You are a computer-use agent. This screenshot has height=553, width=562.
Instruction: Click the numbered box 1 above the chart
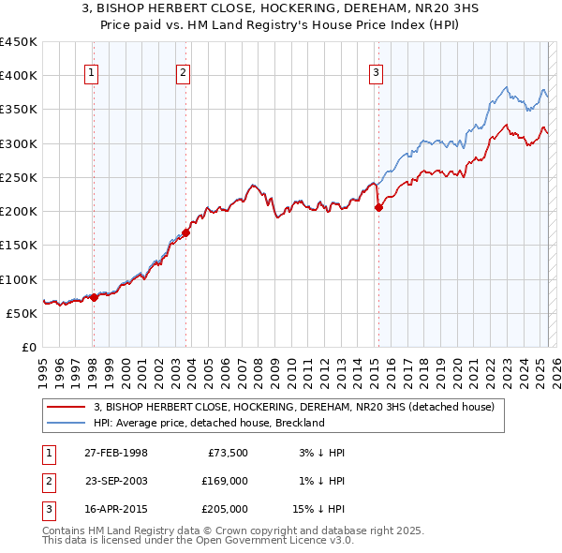point(92,74)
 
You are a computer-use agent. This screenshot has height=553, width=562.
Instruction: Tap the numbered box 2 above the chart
point(184,74)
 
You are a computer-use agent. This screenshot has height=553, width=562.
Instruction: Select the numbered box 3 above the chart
point(376,74)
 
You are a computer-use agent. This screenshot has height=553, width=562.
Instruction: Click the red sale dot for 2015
point(379,208)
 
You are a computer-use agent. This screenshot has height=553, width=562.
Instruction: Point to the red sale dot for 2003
point(186,232)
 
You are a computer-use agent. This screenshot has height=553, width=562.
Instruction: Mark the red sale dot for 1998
point(94,297)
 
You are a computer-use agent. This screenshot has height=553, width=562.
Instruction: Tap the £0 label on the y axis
point(28,347)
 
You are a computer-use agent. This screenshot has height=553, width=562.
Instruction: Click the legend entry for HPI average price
point(208,423)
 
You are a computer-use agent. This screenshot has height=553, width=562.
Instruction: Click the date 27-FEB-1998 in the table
point(116,453)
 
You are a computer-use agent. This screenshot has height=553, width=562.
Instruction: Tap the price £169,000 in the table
point(225,481)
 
